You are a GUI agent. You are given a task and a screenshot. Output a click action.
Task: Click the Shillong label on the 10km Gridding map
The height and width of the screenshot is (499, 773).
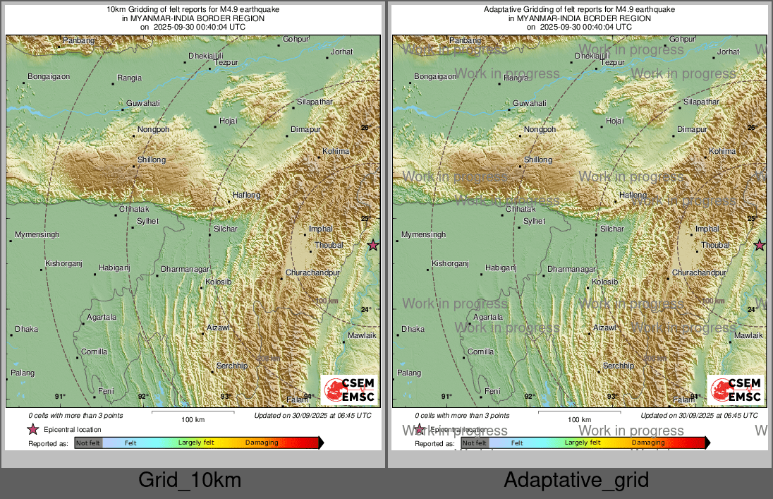[x=152, y=160]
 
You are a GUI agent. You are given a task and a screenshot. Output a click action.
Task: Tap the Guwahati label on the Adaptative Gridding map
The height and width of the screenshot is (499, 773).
[x=530, y=104]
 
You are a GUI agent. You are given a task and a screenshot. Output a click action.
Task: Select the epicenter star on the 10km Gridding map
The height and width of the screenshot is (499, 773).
[x=373, y=245]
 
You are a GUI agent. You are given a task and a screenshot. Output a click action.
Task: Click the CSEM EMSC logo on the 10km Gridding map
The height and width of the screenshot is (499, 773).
[x=350, y=390]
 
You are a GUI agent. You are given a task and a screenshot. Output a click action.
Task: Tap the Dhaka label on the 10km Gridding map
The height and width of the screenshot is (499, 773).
[x=27, y=329]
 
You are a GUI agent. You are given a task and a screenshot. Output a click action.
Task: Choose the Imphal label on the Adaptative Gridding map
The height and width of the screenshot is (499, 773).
[x=707, y=229]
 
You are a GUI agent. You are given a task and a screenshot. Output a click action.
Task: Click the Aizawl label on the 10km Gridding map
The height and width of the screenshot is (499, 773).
[x=219, y=328]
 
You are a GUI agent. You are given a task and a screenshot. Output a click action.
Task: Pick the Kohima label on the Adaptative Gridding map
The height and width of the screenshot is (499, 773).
[x=722, y=152]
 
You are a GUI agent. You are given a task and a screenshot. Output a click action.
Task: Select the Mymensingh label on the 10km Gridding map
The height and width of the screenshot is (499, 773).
[x=37, y=234]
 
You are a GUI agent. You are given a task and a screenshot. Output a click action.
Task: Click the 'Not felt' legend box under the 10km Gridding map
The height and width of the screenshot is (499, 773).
[x=88, y=443]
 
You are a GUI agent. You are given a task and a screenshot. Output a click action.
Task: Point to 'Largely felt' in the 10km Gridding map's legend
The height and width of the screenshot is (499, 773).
[x=196, y=443]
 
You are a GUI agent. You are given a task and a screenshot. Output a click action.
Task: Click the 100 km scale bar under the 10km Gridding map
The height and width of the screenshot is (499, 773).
[x=193, y=411]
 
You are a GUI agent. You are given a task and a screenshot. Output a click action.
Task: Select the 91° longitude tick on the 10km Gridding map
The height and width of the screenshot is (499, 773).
[x=61, y=397]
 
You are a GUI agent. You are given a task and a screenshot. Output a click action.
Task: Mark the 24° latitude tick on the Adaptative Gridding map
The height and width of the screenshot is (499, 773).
[x=753, y=309]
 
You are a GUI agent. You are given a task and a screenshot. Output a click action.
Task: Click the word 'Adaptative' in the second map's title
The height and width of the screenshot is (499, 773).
[x=501, y=9]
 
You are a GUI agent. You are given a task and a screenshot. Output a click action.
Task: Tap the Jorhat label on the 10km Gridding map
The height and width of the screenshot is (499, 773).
[x=342, y=52]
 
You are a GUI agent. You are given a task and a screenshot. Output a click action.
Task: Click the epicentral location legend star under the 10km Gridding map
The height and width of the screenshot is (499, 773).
[x=32, y=429]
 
